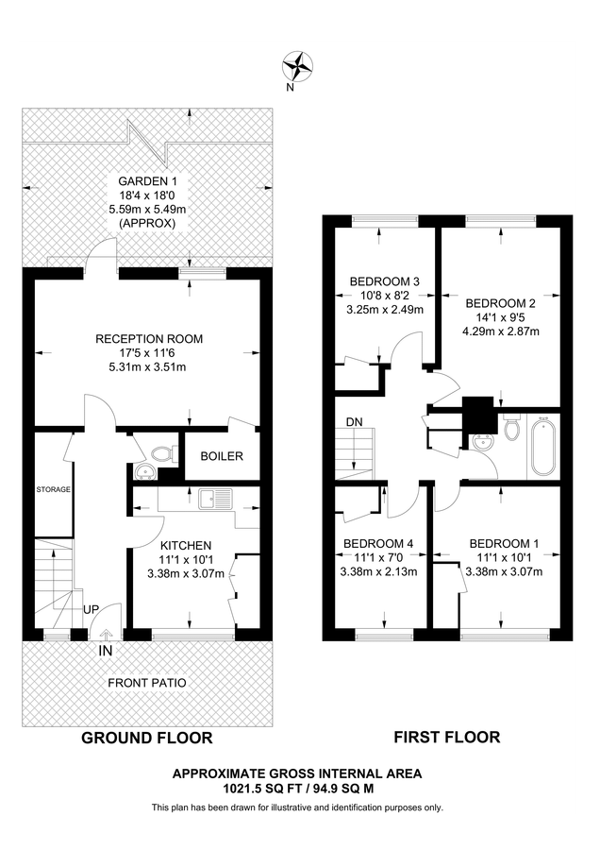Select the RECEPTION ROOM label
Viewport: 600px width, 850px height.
tap(149, 338)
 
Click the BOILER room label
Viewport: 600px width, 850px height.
tap(221, 456)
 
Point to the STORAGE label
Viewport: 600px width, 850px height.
tap(54, 490)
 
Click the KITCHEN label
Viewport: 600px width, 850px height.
tap(185, 546)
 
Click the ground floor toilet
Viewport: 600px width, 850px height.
tap(168, 453)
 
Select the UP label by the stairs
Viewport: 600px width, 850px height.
tap(91, 610)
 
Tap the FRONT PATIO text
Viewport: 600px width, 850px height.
tap(146, 683)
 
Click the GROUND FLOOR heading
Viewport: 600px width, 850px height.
tap(146, 738)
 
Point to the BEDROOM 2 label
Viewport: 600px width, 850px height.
tap(501, 303)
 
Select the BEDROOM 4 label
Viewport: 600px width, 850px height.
tap(378, 543)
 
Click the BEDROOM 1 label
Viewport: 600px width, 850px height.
tap(505, 543)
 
